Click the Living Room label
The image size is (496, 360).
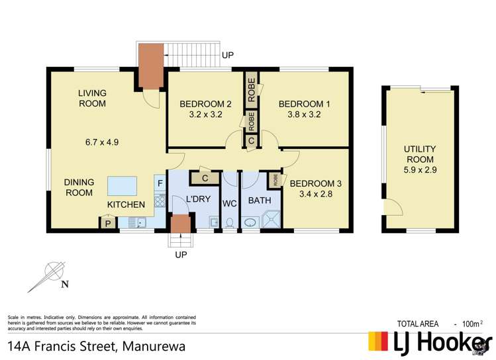click(x=92, y=99)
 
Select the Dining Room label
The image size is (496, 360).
click(x=79, y=187)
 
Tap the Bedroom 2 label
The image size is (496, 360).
click(x=205, y=109)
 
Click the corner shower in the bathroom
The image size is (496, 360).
click(x=272, y=219)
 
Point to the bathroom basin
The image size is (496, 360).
click(x=250, y=223)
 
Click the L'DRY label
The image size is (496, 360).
click(x=198, y=199)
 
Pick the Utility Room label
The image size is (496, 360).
click(x=420, y=154)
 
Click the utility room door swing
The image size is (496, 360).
click(x=393, y=208)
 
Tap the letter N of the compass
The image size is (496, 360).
click(x=64, y=285)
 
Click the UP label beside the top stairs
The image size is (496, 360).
click(x=228, y=56)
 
